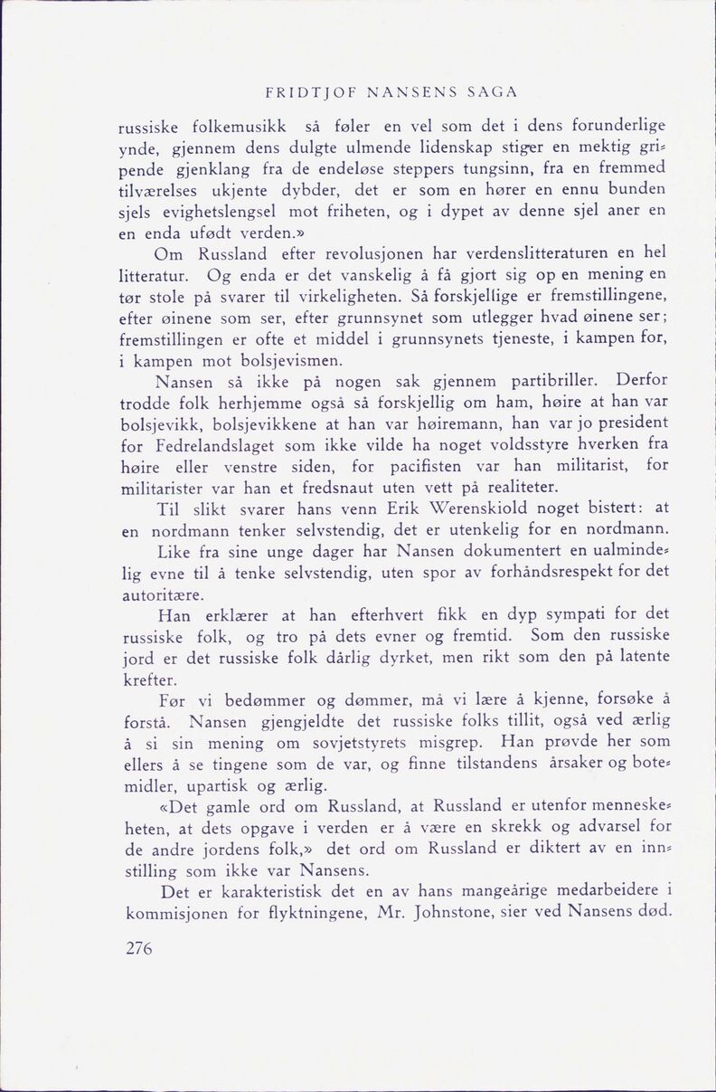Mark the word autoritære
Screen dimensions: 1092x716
click(x=163, y=595)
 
